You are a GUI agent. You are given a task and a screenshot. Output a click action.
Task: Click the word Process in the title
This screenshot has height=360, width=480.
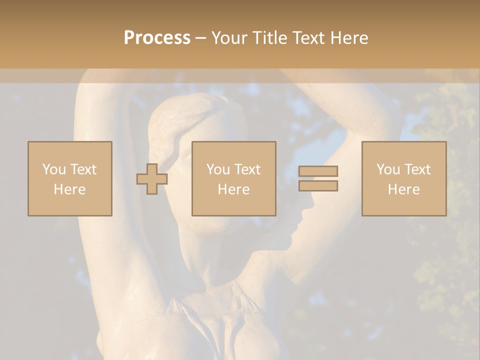(x=157, y=38)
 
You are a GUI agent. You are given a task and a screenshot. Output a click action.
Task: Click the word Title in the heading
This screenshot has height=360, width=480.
(x=271, y=38)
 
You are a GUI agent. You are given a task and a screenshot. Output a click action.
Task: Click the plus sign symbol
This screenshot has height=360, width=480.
(x=152, y=178)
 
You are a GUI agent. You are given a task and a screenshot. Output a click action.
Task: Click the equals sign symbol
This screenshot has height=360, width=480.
(x=318, y=178)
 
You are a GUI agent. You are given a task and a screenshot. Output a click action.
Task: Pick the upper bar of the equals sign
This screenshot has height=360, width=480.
(x=318, y=171)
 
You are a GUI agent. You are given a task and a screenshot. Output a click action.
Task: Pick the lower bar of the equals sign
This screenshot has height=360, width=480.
(x=318, y=186)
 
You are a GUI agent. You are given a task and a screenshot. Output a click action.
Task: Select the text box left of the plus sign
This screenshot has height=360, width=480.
(x=70, y=178)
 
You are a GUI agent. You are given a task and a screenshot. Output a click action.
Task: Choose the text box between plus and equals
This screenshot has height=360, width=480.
(x=234, y=178)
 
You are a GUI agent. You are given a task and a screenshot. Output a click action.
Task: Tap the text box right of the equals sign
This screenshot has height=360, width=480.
(x=404, y=178)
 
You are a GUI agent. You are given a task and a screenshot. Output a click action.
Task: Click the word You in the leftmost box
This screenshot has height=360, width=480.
(x=54, y=169)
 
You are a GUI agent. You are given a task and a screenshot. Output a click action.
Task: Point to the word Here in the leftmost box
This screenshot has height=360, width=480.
(x=70, y=189)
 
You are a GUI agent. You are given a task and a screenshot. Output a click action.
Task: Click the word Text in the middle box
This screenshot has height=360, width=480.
(x=247, y=169)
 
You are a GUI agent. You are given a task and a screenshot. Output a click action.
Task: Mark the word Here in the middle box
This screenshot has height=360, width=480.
(x=234, y=189)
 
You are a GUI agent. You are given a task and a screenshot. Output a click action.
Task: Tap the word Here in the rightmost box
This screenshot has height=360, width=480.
(x=404, y=189)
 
